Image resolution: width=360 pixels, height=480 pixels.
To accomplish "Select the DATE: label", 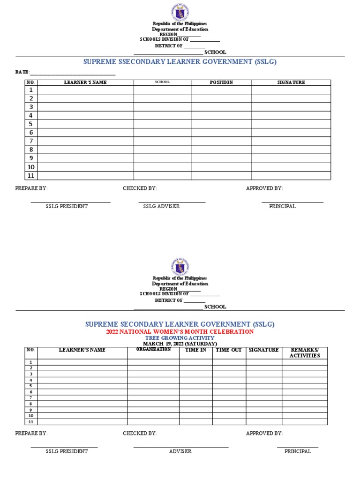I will click(x=22, y=72).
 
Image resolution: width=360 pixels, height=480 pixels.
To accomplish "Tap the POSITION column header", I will click(x=221, y=82).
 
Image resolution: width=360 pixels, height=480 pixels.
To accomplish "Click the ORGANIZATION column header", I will click(x=153, y=350).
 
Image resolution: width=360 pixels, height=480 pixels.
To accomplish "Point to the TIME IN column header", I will click(x=195, y=350).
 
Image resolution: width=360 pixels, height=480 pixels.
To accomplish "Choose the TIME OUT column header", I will click(x=229, y=350).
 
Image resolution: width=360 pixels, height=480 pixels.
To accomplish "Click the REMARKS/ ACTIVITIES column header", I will click(x=304, y=352).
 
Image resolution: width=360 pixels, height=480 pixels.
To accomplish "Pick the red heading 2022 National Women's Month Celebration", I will click(x=180, y=331).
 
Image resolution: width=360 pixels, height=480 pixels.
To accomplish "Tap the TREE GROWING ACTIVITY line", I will click(x=180, y=338).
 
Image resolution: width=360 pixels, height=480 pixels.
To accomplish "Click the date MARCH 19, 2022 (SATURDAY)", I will click(x=180, y=344).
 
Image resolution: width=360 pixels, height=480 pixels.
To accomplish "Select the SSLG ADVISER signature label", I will click(x=161, y=206).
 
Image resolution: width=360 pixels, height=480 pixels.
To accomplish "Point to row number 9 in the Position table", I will click(x=31, y=158).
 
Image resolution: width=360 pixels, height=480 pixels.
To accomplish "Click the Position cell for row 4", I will click(x=221, y=115).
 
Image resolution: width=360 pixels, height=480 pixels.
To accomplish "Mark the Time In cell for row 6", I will click(x=195, y=392).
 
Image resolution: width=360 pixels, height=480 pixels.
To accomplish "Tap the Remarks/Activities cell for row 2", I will click(x=304, y=368).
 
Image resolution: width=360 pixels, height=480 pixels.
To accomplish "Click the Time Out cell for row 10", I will click(x=229, y=416).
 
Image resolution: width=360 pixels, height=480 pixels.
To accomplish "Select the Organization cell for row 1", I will click(x=153, y=362).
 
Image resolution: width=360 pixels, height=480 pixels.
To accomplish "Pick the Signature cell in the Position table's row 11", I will click(x=291, y=176).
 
